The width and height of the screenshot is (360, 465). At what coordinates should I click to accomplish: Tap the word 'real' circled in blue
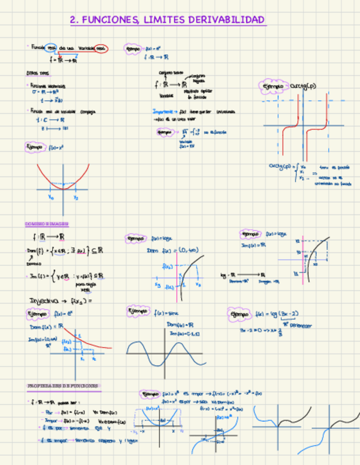pyautogui.click(x=50, y=48)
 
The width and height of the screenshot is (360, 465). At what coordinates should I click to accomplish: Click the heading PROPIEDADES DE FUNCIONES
pyautogui.click(x=63, y=386)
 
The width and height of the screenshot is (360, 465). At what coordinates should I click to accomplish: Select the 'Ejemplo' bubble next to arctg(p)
pyautogui.click(x=273, y=87)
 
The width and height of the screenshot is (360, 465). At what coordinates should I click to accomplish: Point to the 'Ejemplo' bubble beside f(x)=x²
pyautogui.click(x=35, y=147)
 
